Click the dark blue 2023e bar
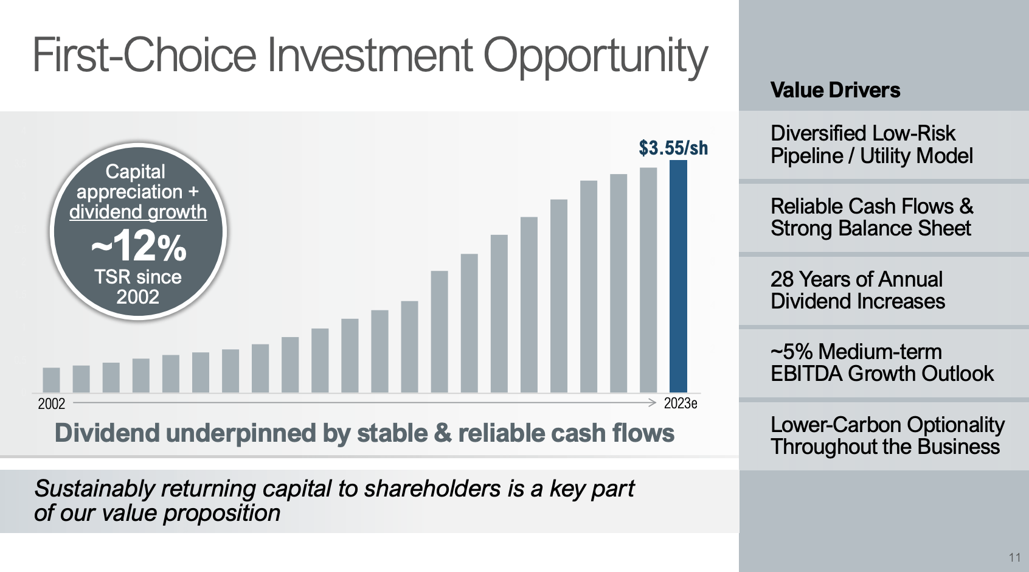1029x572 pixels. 678,277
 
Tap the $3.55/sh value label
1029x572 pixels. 673,148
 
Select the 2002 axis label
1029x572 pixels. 51,403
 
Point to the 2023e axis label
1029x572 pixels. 680,403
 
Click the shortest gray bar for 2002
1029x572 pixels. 51,380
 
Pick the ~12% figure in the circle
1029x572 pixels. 139,246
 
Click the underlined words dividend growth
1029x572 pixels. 138,212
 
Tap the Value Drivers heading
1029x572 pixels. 835,90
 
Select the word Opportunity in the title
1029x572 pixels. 595,56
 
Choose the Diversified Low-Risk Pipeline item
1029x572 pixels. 871,145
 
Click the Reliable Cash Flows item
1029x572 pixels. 871,217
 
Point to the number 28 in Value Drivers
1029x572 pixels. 782,279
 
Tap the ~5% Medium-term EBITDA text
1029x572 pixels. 881,363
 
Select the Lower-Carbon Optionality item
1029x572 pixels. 887,436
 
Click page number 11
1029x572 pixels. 1014,557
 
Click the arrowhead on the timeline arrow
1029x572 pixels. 652,403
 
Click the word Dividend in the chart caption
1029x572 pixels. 106,433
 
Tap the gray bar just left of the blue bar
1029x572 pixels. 648,280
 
